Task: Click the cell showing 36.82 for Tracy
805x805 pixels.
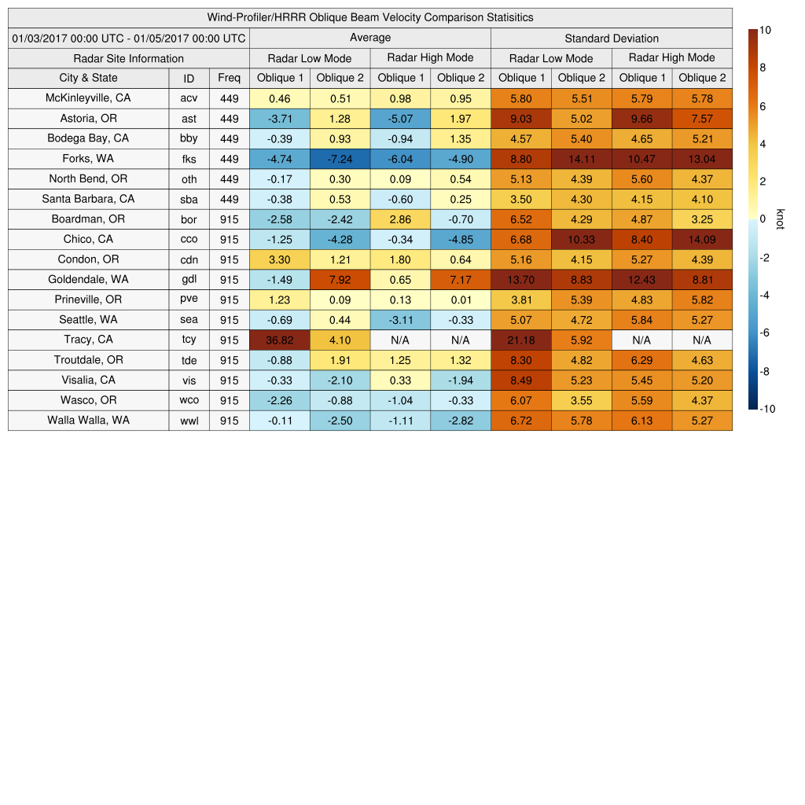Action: [279, 340]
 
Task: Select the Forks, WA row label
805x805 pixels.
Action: [88, 158]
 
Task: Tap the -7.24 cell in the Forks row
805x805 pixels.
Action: [340, 158]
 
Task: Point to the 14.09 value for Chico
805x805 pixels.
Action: [702, 239]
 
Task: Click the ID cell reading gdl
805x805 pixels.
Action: [189, 279]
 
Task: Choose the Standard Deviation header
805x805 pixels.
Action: [611, 39]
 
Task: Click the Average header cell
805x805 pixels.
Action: [369, 38]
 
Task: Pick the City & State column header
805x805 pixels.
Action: [88, 78]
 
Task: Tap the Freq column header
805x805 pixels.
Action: [229, 78]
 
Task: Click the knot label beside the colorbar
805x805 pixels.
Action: [780, 219]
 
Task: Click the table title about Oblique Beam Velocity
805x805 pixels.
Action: [369, 17]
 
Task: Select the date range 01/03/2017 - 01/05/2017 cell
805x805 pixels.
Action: [129, 38]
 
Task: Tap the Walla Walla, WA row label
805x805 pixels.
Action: [88, 420]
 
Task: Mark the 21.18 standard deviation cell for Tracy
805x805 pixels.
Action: [520, 340]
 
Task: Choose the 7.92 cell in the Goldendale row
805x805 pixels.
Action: [340, 279]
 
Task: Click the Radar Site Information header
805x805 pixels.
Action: [129, 58]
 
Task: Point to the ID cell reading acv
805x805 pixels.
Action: [189, 98]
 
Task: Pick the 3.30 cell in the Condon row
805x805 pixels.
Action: [279, 259]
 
